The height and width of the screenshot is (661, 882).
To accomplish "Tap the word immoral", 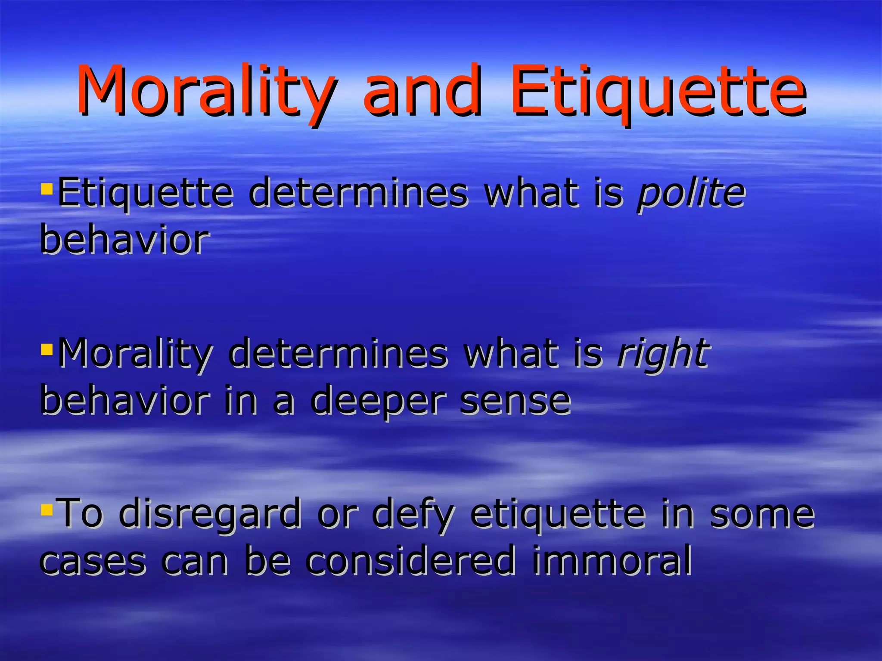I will tap(612, 560).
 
